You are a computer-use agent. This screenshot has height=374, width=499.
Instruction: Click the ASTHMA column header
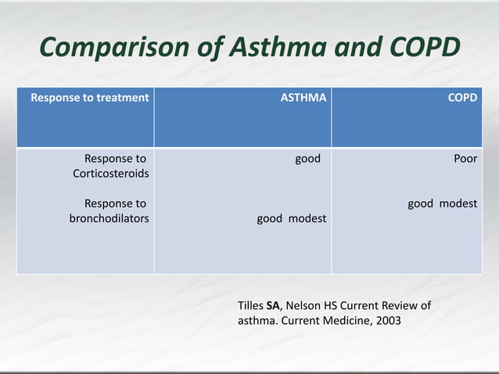click(303, 98)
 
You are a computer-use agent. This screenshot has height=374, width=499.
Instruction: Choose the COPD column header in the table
click(462, 98)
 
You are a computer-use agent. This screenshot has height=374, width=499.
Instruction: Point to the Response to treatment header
click(89, 98)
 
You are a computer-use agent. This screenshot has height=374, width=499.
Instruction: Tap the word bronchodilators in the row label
click(109, 218)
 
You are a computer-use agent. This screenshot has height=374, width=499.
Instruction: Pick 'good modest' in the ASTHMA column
click(292, 218)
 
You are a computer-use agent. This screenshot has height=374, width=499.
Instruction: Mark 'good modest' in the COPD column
click(442, 203)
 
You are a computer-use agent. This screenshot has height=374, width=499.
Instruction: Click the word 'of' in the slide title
click(212, 48)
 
